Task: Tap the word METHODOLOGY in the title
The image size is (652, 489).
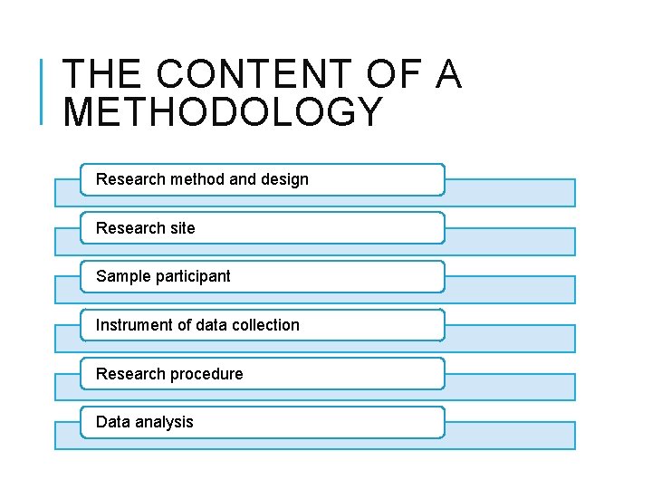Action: coord(224,112)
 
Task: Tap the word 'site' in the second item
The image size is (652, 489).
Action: coord(181,228)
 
